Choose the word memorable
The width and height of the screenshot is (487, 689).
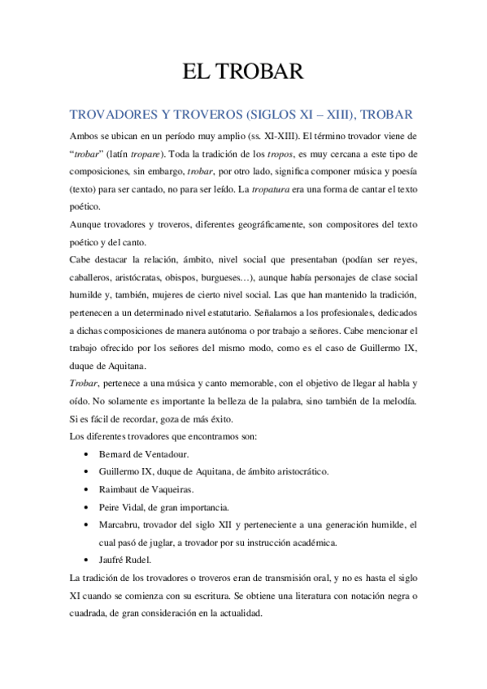point(271,383)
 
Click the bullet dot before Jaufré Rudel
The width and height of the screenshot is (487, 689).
point(87,561)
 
